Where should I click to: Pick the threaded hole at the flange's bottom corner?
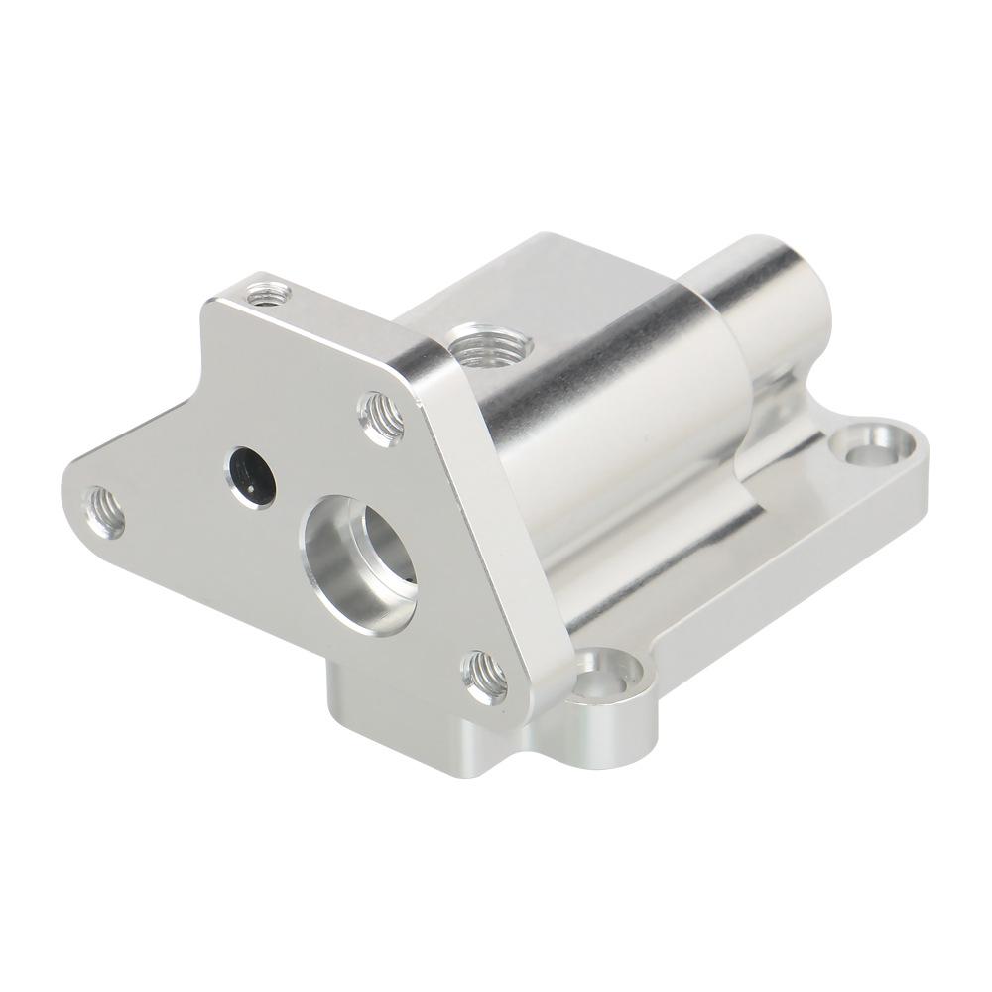coord(485,676)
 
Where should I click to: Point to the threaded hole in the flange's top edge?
coord(268,294)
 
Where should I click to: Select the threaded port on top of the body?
coord(489,348)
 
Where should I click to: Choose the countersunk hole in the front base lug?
coord(607,680)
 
